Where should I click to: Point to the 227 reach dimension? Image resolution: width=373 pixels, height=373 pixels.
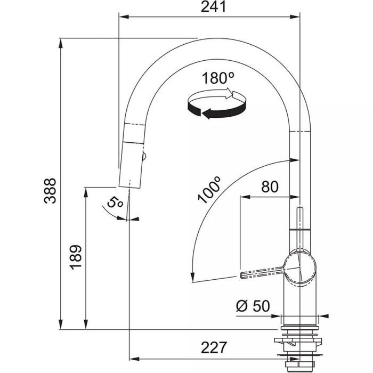pos(212,347)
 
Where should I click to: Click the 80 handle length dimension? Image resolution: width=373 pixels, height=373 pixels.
pos(270,186)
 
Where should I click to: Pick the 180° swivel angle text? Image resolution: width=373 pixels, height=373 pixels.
pos(218,78)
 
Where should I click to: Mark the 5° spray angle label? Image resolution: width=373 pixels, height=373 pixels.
pos(115,202)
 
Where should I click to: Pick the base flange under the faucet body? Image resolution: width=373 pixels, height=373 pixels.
pos(300,319)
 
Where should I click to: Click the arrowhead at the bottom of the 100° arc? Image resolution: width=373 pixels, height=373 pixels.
pos(192,278)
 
